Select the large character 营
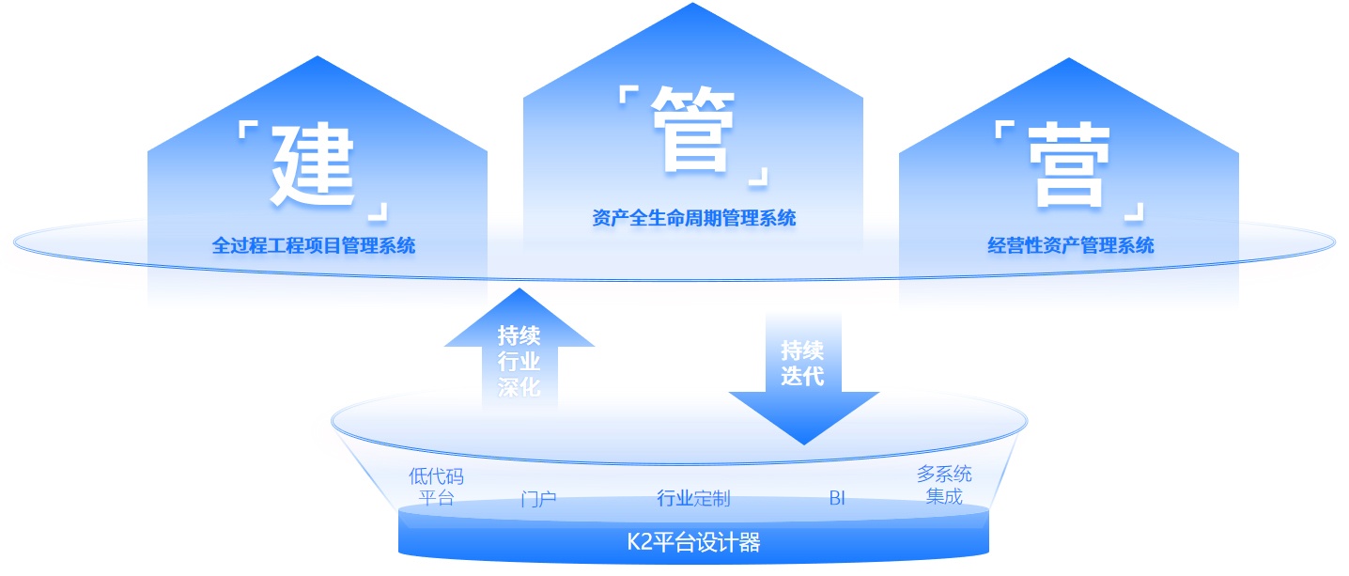tap(1068, 170)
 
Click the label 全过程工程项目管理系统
tap(314, 246)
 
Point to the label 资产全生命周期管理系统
tap(694, 218)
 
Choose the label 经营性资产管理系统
tap(1071, 246)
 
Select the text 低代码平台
tap(436, 487)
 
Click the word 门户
tap(538, 498)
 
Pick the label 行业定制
tap(693, 498)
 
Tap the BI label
tap(837, 498)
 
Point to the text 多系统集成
tap(944, 485)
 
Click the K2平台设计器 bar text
tap(693, 542)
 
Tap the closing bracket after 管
tap(757, 176)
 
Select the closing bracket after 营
tap(1135, 211)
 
